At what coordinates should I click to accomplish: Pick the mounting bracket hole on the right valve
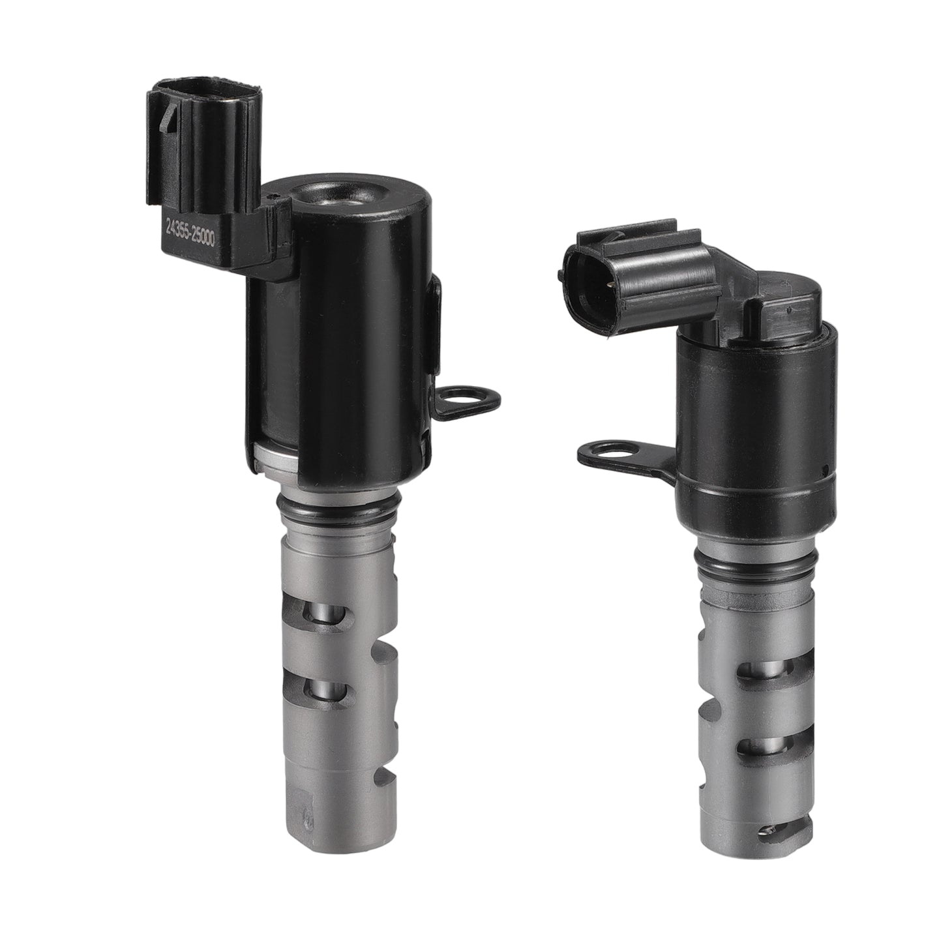point(610,453)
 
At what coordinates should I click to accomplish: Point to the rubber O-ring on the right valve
point(755,563)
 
